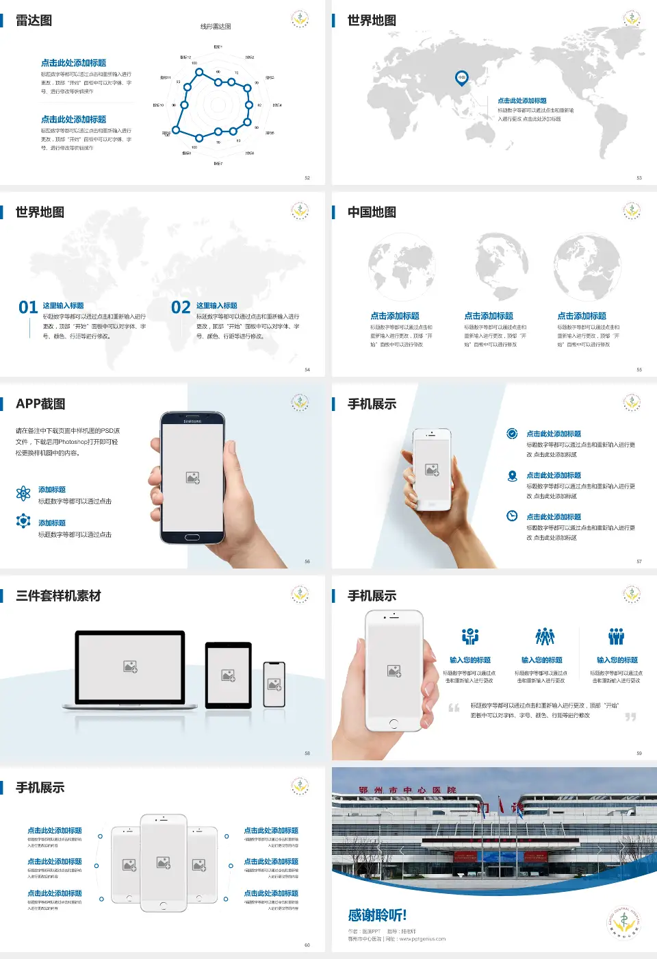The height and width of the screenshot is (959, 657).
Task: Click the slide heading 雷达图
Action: click(x=34, y=21)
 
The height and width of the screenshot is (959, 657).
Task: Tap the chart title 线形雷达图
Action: click(x=216, y=27)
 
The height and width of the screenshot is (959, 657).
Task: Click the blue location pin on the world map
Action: click(x=462, y=77)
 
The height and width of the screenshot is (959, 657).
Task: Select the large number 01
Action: click(x=28, y=308)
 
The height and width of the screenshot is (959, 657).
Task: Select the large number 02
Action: click(x=181, y=308)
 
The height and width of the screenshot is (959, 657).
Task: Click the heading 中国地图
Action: click(x=372, y=212)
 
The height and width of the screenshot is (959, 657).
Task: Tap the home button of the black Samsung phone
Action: click(x=192, y=537)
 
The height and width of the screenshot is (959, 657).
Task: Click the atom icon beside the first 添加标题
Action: click(x=23, y=493)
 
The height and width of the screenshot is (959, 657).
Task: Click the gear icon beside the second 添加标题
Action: click(x=23, y=521)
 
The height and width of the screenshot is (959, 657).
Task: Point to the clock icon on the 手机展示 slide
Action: click(x=512, y=516)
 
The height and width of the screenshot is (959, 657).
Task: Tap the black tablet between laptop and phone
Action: click(x=229, y=675)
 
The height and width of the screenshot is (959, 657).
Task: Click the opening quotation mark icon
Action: click(x=454, y=708)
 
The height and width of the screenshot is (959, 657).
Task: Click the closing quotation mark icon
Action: click(x=630, y=717)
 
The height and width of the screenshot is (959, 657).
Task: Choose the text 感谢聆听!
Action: click(x=377, y=915)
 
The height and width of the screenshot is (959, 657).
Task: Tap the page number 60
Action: click(x=307, y=945)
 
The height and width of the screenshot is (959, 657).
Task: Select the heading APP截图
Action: click(x=40, y=404)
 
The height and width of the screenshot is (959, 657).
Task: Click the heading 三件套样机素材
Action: click(x=58, y=596)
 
